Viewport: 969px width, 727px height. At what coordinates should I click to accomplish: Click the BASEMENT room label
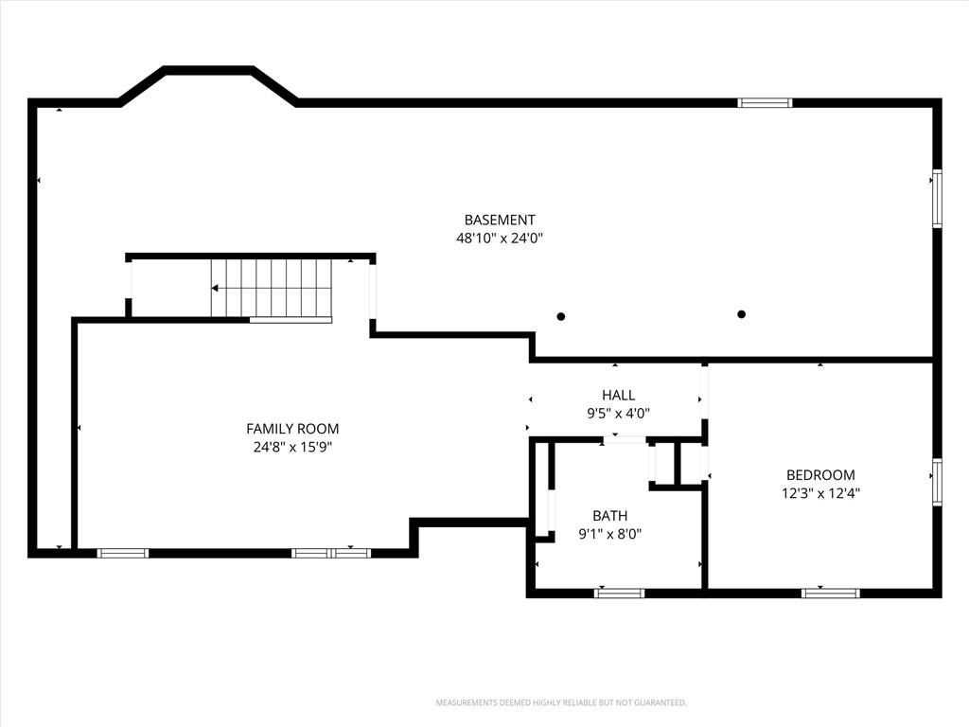pos(500,220)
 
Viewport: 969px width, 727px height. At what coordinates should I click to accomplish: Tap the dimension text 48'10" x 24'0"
pos(500,238)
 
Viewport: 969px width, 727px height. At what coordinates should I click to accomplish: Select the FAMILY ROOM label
pos(292,429)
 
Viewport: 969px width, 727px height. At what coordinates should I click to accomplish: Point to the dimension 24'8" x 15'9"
pos(292,447)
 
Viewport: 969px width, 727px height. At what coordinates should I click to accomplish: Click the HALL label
pos(618,395)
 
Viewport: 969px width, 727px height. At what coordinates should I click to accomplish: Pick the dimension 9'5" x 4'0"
pos(618,413)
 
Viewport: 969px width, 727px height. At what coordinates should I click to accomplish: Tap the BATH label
pos(610,516)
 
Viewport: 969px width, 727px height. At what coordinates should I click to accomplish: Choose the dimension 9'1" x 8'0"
pos(610,534)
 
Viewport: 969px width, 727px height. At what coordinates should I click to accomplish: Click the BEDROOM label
pos(820,475)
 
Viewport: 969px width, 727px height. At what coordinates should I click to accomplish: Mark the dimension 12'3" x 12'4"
pos(820,493)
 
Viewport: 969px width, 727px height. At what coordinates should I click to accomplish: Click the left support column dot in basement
pos(561,316)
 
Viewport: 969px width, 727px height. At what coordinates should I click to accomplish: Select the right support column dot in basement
pos(742,314)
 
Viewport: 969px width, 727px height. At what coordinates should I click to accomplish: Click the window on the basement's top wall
pos(765,102)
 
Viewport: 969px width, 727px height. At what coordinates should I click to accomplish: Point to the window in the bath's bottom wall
pos(619,594)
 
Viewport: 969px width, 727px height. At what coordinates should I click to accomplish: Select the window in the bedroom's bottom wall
pos(831,594)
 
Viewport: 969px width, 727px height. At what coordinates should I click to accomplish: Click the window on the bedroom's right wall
pos(938,482)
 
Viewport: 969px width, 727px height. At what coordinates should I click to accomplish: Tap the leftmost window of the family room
pos(123,553)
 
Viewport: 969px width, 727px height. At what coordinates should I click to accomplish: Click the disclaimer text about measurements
pos(561,703)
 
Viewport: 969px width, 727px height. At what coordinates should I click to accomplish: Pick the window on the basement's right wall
pos(938,199)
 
